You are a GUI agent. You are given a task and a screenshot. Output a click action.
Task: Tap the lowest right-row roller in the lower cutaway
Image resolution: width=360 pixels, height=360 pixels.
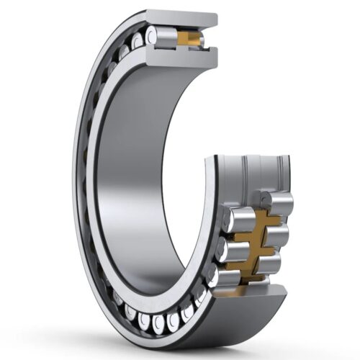click(x=271, y=264)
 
